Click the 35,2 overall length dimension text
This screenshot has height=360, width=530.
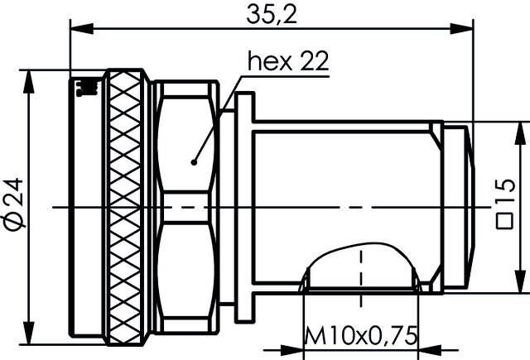click(x=271, y=14)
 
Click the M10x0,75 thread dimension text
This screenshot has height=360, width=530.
click(x=360, y=338)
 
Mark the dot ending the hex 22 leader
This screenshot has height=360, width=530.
click(x=193, y=162)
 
